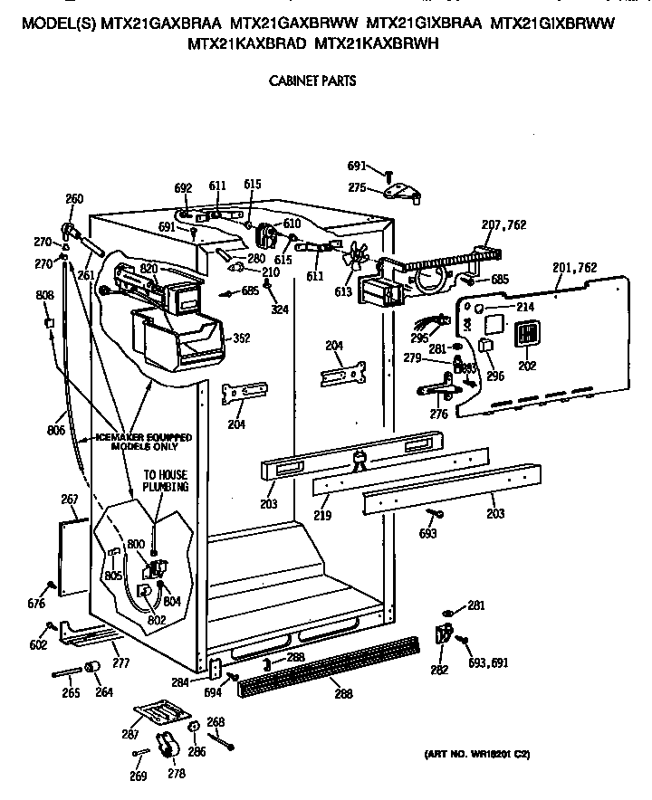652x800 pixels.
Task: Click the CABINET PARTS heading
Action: [x=312, y=81]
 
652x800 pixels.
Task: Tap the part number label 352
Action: [x=241, y=338]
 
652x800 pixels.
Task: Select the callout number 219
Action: [x=322, y=516]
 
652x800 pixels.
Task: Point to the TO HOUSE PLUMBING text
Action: [x=166, y=480]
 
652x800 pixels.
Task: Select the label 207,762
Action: [x=504, y=224]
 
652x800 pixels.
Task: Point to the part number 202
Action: [x=527, y=367]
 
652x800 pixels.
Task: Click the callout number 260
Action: [x=74, y=199]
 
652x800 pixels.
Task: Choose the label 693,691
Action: [x=488, y=662]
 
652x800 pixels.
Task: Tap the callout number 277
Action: [x=120, y=663]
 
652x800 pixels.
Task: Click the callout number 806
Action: [x=56, y=431]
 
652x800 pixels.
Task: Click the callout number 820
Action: [x=149, y=269]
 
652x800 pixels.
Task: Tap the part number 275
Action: [x=357, y=187]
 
